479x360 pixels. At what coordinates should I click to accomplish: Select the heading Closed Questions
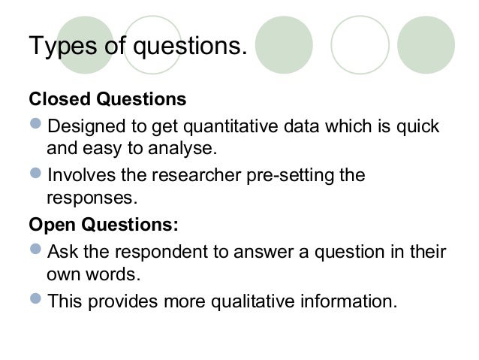click(107, 99)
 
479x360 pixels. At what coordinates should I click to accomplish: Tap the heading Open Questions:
click(104, 225)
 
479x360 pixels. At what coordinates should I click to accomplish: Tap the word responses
click(92, 198)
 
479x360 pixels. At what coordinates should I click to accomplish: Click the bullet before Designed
click(36, 124)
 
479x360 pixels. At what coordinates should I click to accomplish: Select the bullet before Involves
click(36, 174)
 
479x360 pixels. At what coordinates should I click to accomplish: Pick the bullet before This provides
click(36, 301)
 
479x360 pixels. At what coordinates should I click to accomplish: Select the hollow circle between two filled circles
click(360, 44)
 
